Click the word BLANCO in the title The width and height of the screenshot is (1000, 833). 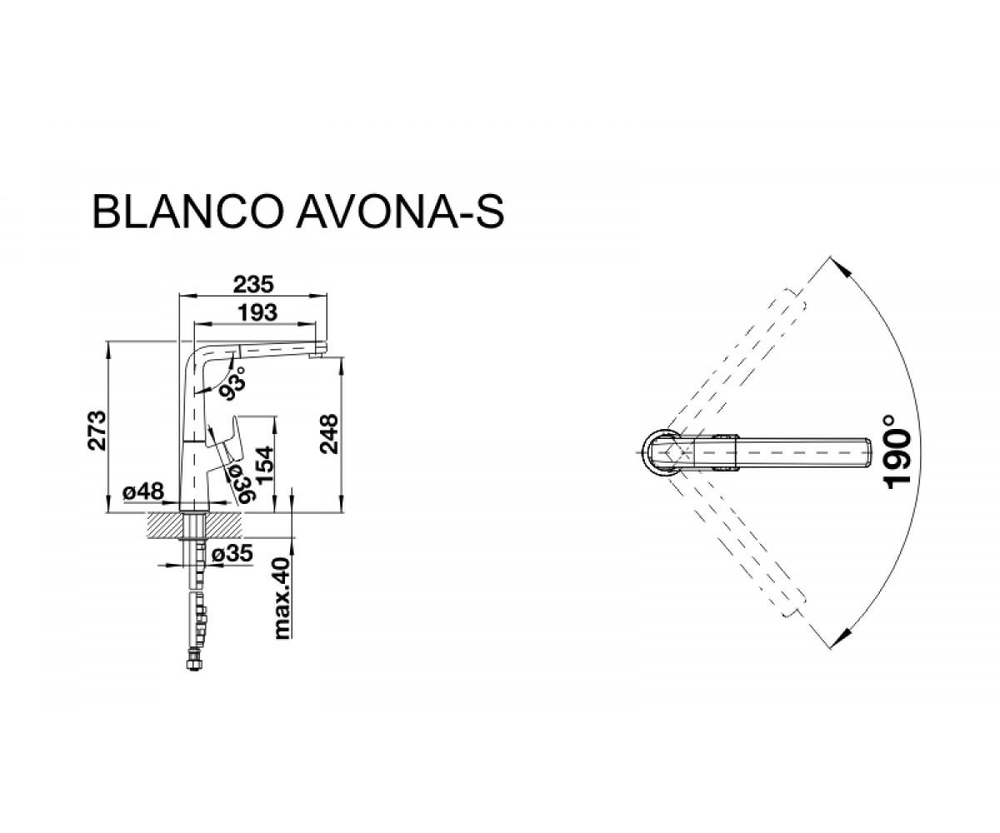pos(187,212)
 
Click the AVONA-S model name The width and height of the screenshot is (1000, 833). pos(400,212)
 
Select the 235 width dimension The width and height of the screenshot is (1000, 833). pos(252,284)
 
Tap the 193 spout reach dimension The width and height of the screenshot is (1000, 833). pos(258,312)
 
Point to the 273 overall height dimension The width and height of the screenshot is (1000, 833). pos(97,431)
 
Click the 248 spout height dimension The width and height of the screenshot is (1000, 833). pos(329,434)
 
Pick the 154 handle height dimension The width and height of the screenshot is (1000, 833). pos(264,465)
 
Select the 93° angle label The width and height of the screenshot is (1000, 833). pos(233,383)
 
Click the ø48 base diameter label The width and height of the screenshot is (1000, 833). pos(143,491)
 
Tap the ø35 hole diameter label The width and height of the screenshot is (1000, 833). pos(232,554)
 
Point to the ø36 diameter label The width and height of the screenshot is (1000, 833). pos(242,483)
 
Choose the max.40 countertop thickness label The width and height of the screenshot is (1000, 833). pos(282,598)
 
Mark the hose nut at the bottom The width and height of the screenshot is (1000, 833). pos(193,664)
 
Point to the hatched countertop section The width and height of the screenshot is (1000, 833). pos(194,525)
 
